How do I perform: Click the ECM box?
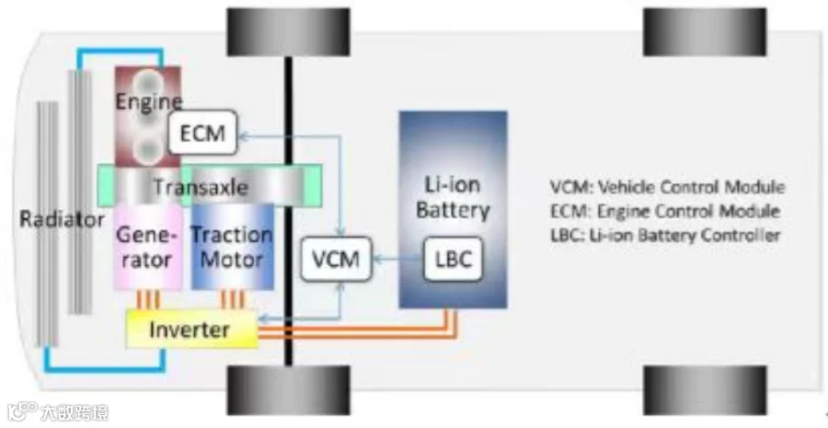point(202,133)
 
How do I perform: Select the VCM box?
point(337,259)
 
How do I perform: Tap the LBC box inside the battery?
point(453,259)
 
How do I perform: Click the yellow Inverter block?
point(191,330)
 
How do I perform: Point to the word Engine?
point(149,101)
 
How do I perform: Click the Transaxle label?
point(201,187)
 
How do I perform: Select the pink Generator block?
point(148,248)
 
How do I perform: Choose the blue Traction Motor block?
point(233,248)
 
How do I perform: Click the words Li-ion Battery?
point(453,197)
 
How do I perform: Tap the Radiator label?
point(62,219)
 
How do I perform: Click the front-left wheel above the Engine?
point(288,31)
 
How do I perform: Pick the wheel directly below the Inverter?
point(288,390)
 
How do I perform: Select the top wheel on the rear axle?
point(705,31)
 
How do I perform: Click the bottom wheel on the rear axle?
point(705,390)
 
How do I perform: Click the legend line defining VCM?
point(668,187)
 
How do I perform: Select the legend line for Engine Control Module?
point(665,212)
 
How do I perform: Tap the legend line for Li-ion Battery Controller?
point(665,235)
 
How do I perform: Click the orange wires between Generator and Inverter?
point(148,300)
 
